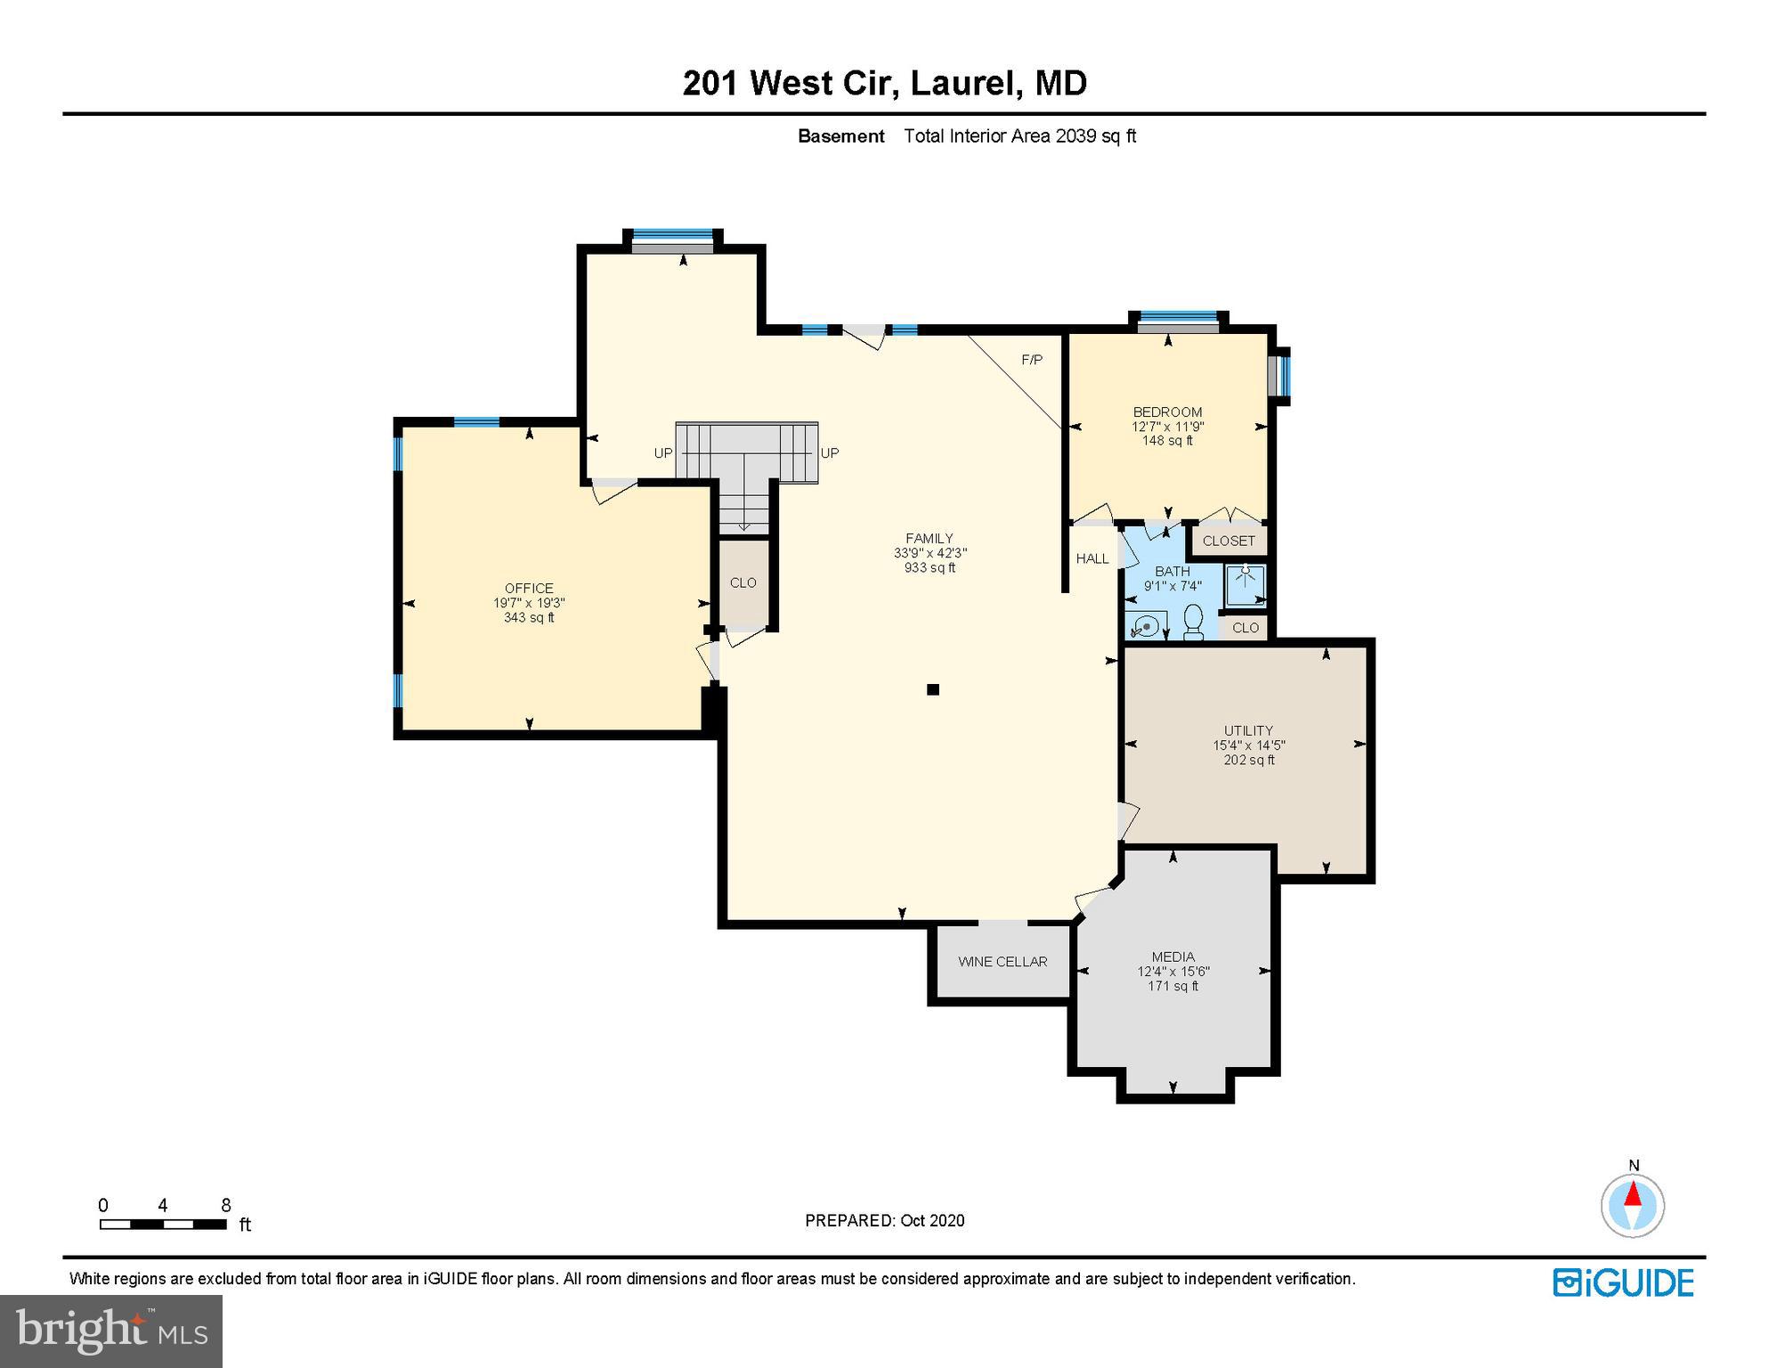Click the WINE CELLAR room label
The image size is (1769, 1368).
pos(1002,962)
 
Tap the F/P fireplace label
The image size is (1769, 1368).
pos(1032,360)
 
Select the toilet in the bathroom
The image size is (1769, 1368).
pos(1194,621)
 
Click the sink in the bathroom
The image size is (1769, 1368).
pos(1146,625)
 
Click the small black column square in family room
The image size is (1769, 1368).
pos(933,689)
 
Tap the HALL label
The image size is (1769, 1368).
pos(1092,558)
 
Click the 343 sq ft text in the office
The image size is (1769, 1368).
pos(529,617)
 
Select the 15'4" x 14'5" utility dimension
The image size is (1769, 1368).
pos(1248,745)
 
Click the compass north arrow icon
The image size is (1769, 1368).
pos(1633,1204)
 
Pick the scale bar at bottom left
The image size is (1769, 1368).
pos(163,1224)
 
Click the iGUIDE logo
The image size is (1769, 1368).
pos(1623,1283)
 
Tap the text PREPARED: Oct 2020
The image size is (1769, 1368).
pos(884,1220)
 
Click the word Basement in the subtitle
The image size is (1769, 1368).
pos(840,136)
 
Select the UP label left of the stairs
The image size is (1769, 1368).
pos(663,453)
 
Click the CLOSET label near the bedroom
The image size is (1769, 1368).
pos(1229,541)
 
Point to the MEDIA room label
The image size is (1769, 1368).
pos(1173,957)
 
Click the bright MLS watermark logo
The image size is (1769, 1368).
pos(110,1331)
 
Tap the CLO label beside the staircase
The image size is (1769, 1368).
pos(742,583)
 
